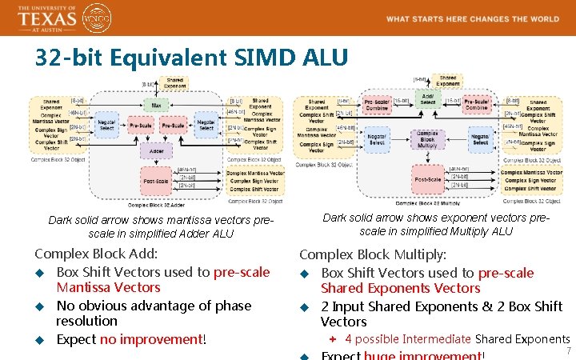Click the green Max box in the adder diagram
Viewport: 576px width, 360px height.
pyautogui.click(x=155, y=105)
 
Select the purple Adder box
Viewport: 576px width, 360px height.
pyautogui.click(x=155, y=150)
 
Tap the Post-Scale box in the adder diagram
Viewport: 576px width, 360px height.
pyautogui.click(x=155, y=180)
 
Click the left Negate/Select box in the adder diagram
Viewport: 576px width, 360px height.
pyautogui.click(x=106, y=126)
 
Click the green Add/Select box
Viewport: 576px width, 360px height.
pyautogui.click(x=427, y=100)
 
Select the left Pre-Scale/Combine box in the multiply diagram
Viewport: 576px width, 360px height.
pyautogui.click(x=377, y=105)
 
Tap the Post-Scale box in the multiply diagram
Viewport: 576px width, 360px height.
pyautogui.click(x=427, y=179)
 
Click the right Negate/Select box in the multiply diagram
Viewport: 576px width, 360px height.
pyautogui.click(x=480, y=139)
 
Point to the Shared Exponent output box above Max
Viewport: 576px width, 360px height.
pyautogui.click(x=174, y=82)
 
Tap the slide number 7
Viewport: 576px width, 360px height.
pyautogui.click(x=568, y=351)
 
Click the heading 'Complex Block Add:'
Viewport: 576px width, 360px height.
pyautogui.click(x=96, y=254)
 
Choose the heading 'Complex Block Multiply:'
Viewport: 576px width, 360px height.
pyautogui.click(x=373, y=255)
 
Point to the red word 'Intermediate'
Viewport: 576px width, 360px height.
pyautogui.click(x=437, y=339)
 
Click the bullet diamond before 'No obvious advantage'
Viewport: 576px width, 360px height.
pyautogui.click(x=38, y=306)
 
